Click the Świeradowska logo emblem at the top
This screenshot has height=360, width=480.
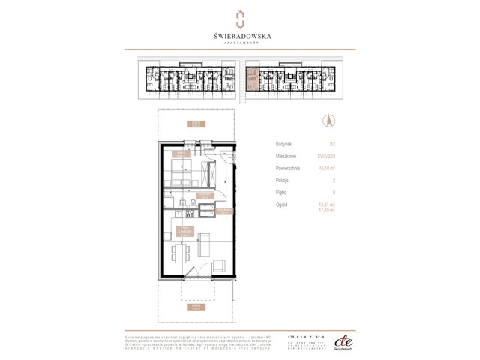240,18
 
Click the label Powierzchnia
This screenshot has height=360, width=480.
290,168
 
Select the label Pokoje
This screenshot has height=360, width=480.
283,181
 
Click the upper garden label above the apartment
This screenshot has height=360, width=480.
196,124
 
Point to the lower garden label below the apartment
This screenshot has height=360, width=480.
196,306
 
